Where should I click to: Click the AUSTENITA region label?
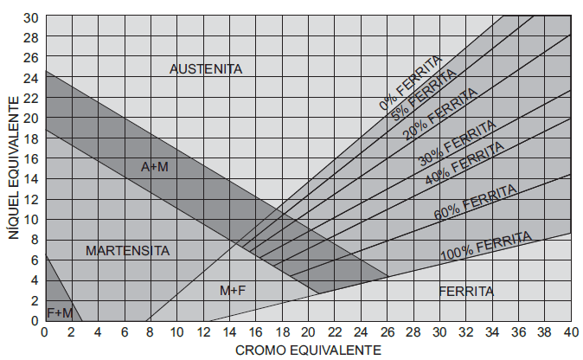206,68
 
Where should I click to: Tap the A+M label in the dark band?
154,166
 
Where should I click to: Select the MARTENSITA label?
127,251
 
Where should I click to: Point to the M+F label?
233,291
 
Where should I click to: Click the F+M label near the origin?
59,311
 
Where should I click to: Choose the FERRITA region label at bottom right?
466,291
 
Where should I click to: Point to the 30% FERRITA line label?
458,142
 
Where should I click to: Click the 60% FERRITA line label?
477,202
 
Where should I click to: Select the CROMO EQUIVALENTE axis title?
308,350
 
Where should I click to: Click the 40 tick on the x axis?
571,331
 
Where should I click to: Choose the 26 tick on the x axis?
387,331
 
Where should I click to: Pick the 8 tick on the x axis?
150,331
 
